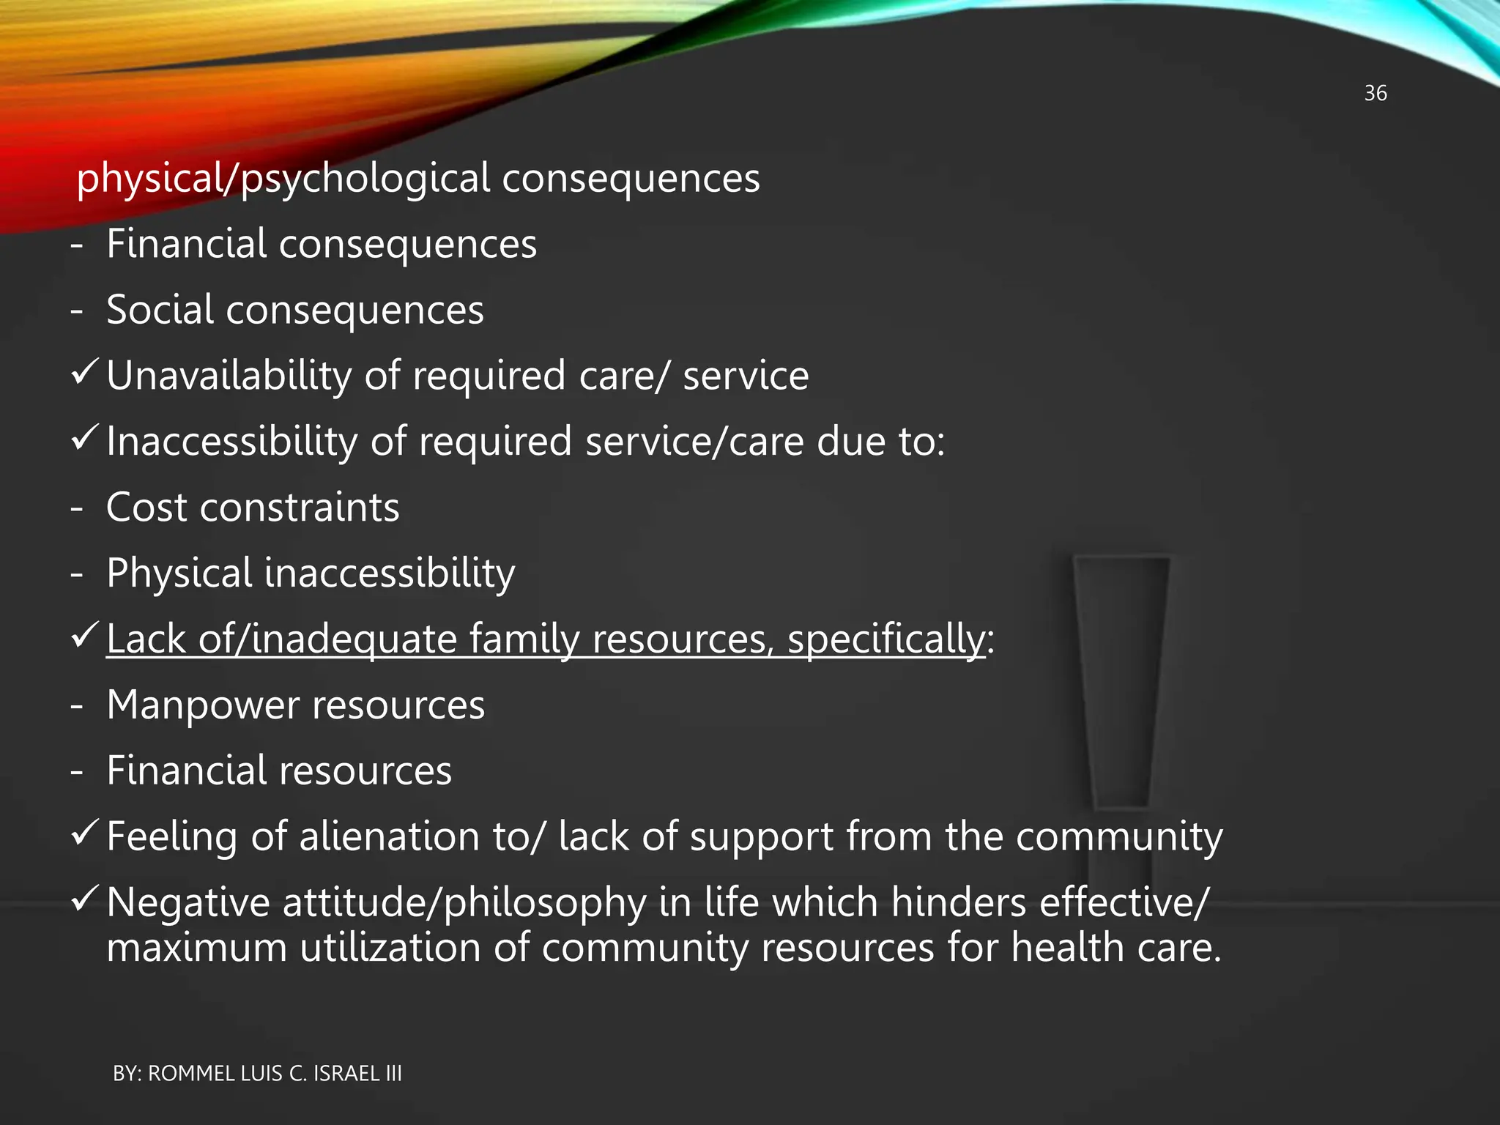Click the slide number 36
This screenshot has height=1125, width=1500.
(x=1375, y=93)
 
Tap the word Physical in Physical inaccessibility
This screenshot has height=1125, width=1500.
(x=179, y=573)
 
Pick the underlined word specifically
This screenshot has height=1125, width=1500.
(x=886, y=639)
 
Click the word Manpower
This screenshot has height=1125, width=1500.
(x=203, y=705)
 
